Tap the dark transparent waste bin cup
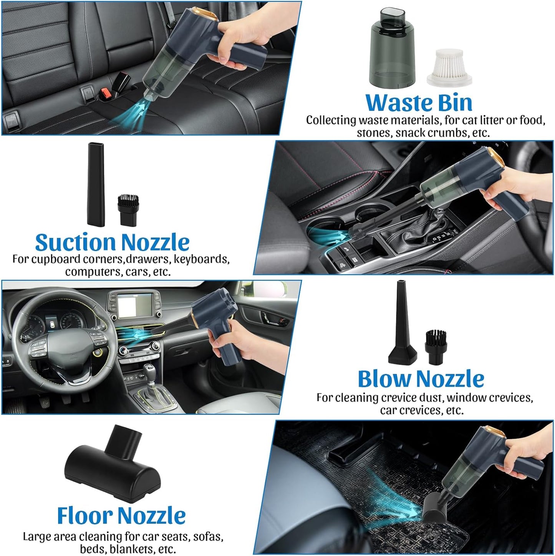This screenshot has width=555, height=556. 392,48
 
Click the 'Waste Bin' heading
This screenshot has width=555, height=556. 419,103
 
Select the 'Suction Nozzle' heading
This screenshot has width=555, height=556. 112,242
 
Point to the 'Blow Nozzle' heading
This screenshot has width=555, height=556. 421,379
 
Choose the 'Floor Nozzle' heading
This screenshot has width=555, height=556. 121,515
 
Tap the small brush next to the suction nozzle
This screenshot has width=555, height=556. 128,210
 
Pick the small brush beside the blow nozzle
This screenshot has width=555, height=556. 435,348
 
